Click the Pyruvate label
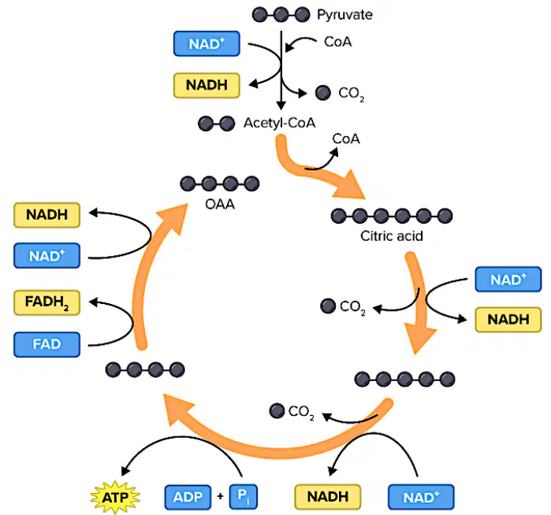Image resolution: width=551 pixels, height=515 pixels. pyautogui.click(x=344, y=15)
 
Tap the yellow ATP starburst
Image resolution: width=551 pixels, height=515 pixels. pyautogui.click(x=115, y=497)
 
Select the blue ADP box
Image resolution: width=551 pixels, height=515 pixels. pyautogui.click(x=188, y=497)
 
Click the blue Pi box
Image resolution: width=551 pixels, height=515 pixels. pyautogui.click(x=243, y=497)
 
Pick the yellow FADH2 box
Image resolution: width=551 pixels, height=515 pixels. pyautogui.click(x=47, y=302)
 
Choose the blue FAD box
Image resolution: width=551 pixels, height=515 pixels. pyautogui.click(x=47, y=344)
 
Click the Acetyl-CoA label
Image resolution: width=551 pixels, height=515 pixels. pyautogui.click(x=279, y=123)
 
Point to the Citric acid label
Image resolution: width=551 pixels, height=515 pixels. pyautogui.click(x=392, y=236)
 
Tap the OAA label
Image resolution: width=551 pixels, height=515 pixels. pyautogui.click(x=220, y=204)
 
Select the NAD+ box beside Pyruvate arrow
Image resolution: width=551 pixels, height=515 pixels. pyautogui.click(x=207, y=43)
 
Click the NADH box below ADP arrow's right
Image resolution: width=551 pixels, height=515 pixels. pyautogui.click(x=327, y=497)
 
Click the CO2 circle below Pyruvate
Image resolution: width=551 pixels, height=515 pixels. pyautogui.click(x=323, y=93)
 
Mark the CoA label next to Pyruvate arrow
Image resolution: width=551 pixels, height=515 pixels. pyautogui.click(x=337, y=42)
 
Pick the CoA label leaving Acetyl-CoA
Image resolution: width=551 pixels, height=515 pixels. pyautogui.click(x=346, y=139)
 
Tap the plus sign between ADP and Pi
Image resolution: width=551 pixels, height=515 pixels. pyautogui.click(x=221, y=496)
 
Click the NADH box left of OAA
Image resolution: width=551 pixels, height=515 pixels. pyautogui.click(x=47, y=215)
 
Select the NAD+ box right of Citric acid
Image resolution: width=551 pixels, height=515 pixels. pyautogui.click(x=508, y=280)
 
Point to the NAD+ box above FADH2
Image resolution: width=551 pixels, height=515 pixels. pyautogui.click(x=47, y=256)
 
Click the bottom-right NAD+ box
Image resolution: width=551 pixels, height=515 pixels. pyautogui.click(x=421, y=497)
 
